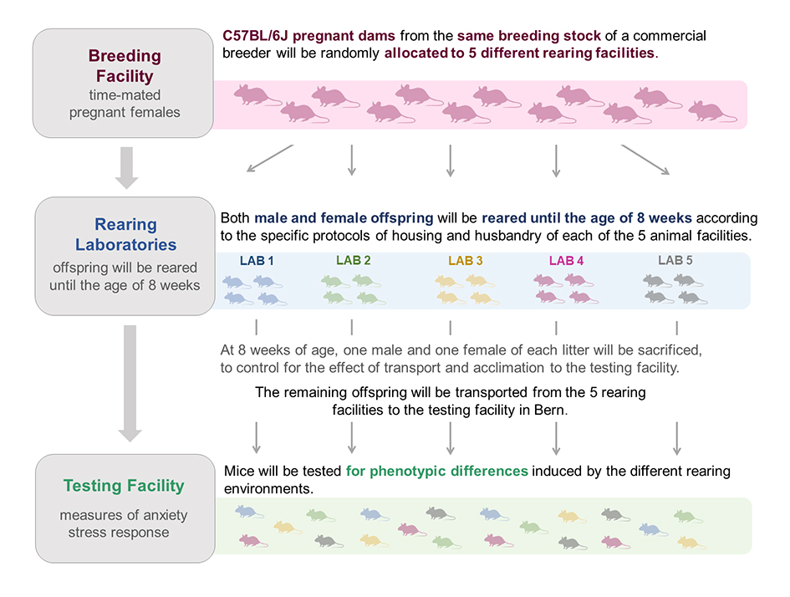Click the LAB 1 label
point(257,261)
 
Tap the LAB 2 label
point(353,261)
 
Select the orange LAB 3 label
point(466,261)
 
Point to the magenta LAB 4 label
point(566,261)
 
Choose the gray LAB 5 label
point(675,261)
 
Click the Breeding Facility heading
point(125,66)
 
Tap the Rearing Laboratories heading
point(126,234)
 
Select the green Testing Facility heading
point(124,486)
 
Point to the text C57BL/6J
point(256,36)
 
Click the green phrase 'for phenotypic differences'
point(437,472)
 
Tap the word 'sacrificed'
point(670,350)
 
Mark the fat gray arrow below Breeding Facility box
point(126,168)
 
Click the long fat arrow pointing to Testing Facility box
point(130,384)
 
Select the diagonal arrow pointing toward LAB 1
point(269,158)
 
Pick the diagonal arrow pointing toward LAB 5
point(645,160)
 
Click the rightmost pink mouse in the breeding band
point(712,111)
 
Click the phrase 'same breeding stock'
point(529,36)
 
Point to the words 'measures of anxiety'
point(124,515)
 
